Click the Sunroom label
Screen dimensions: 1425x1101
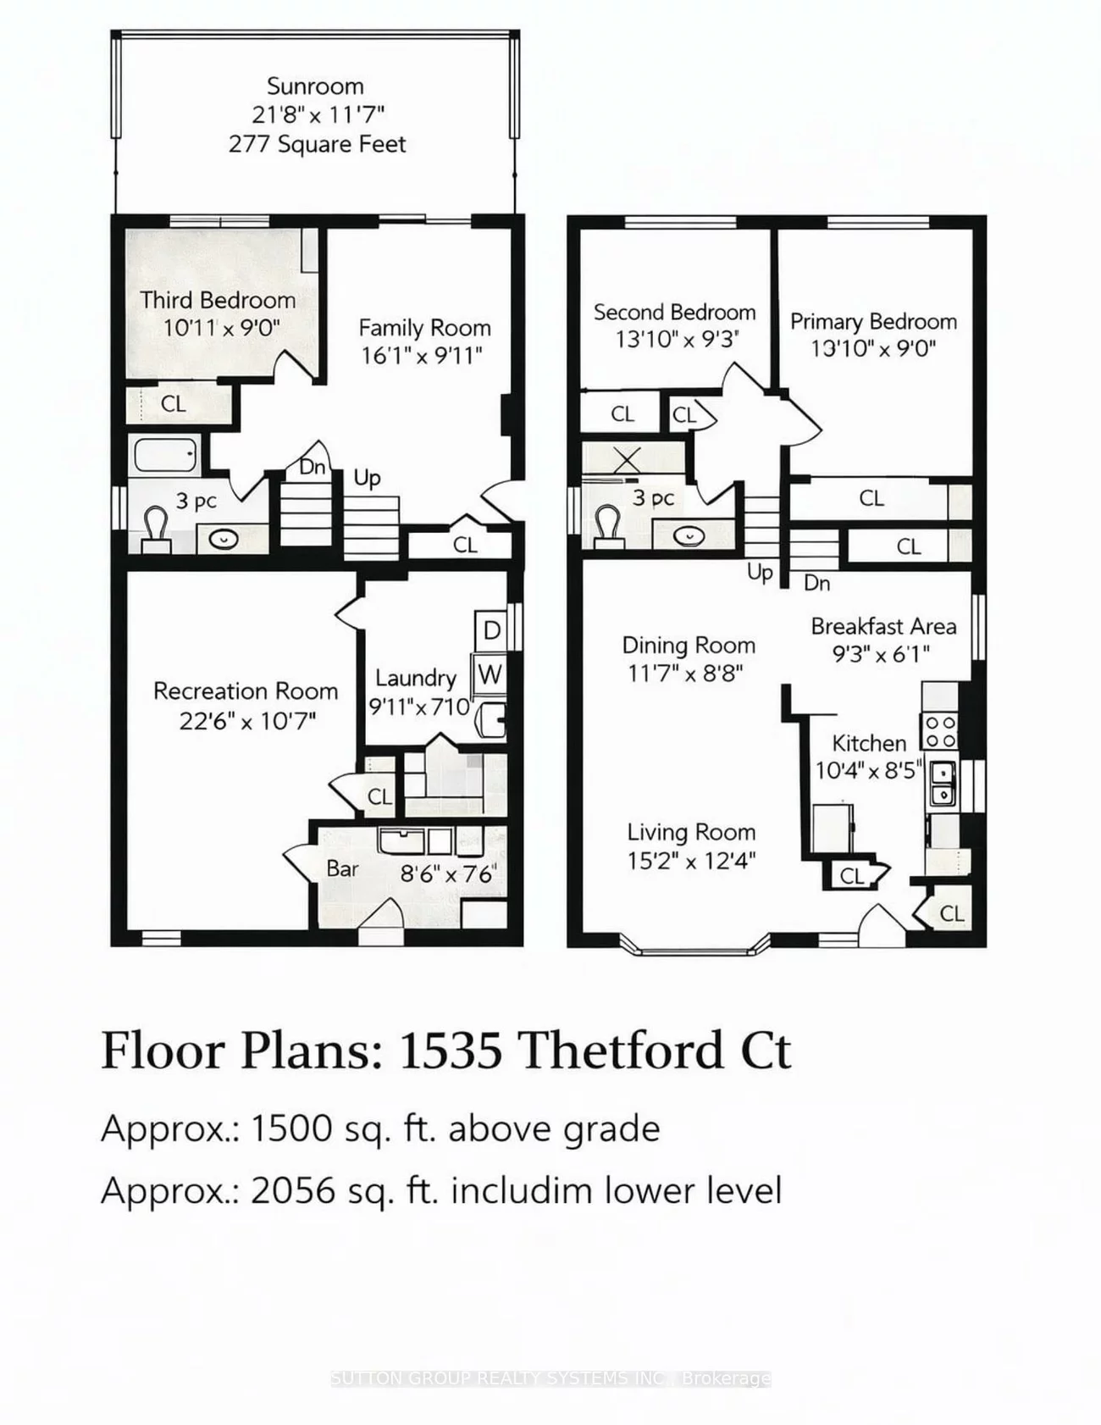point(315,86)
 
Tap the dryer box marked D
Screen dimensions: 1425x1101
point(491,630)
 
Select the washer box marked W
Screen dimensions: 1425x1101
point(489,674)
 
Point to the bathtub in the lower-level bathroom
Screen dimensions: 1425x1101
point(166,456)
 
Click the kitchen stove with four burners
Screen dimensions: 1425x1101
point(938,731)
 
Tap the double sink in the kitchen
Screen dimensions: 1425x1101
point(942,784)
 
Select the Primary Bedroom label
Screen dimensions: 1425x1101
point(873,322)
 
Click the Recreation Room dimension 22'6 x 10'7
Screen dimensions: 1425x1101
point(246,721)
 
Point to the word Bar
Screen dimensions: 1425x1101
point(343,869)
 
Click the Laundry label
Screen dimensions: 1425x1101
point(415,678)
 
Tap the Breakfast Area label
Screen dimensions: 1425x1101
point(883,627)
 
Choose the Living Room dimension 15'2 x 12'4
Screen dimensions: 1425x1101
point(691,861)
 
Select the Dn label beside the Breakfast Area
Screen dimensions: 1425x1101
point(816,583)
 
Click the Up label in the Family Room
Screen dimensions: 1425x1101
point(367,478)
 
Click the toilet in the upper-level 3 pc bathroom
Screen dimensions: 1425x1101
point(607,525)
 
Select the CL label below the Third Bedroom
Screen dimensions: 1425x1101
point(174,404)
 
